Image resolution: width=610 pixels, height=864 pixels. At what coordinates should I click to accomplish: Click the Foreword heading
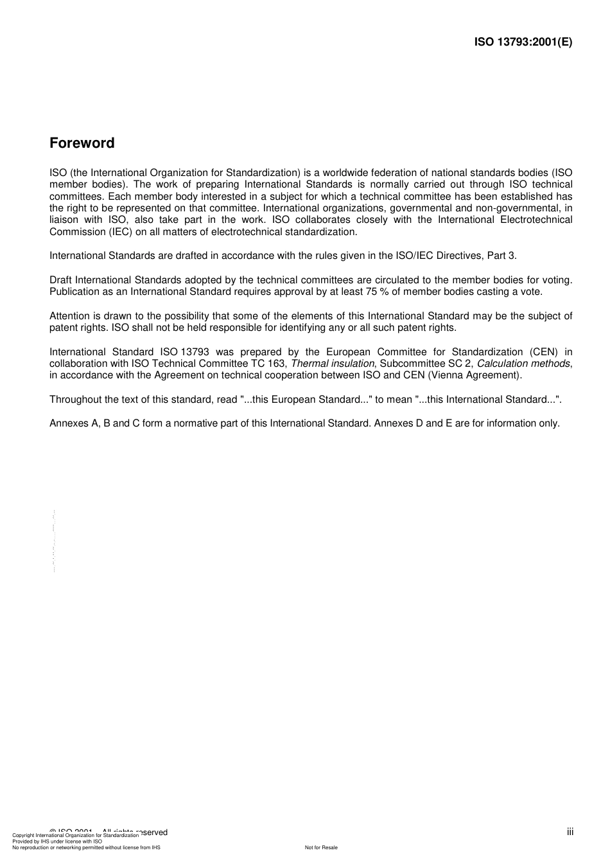tap(82, 143)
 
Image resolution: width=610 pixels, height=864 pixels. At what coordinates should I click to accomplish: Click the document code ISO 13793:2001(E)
tap(523, 42)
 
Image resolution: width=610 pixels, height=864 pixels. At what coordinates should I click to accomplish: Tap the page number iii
tap(570, 832)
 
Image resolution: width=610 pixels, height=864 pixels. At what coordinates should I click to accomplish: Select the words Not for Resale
tap(321, 847)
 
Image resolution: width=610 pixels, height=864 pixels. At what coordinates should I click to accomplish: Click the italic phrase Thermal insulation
tap(332, 364)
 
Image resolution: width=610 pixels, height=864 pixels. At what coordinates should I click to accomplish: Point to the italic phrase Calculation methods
tap(523, 364)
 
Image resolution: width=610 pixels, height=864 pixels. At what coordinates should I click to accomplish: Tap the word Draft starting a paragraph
tap(61, 280)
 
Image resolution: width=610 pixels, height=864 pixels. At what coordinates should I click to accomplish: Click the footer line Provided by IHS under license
tap(57, 841)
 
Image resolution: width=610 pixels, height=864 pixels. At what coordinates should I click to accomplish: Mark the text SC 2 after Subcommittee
tap(460, 364)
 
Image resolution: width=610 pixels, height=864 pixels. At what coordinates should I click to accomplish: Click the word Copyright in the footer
tap(23, 835)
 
